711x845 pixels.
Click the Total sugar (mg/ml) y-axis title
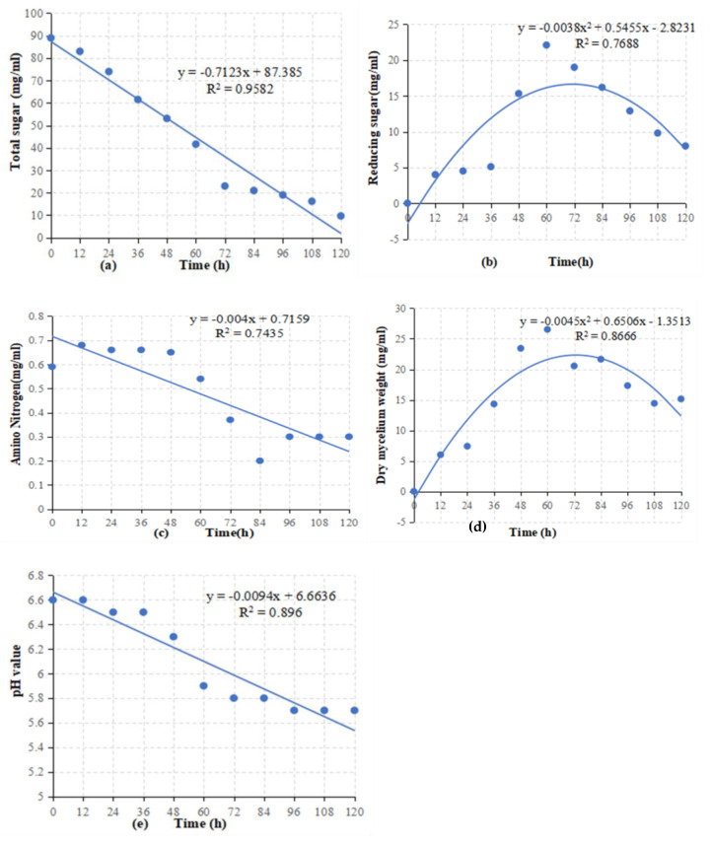[17, 125]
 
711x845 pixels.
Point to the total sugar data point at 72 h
[225, 185]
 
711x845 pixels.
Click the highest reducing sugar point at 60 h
[546, 44]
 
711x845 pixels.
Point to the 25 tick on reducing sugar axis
[391, 25]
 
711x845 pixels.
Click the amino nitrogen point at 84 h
[259, 460]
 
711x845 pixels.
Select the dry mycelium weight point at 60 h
[547, 329]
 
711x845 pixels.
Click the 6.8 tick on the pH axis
[36, 575]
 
